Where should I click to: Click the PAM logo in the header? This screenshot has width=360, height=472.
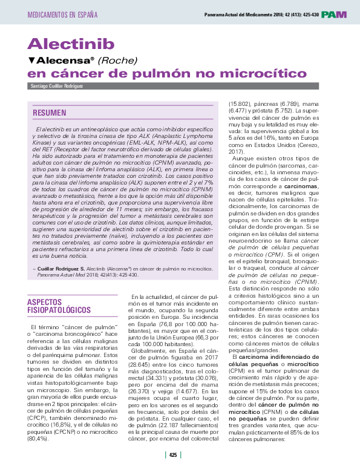coord(334,14)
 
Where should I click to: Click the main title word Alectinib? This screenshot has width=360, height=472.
coord(71,44)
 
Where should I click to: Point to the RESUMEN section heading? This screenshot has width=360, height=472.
coord(50,113)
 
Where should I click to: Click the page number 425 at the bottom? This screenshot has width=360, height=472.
coord(173,454)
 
